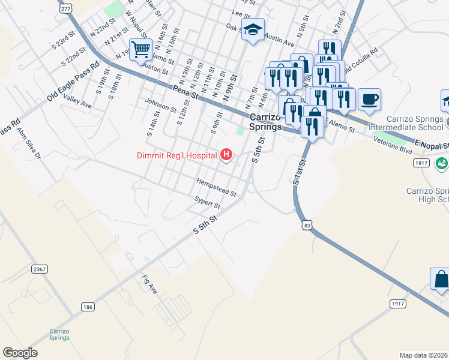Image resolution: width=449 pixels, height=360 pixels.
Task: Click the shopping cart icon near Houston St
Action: coord(140,49)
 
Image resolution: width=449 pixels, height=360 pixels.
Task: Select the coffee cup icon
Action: coord(370,98)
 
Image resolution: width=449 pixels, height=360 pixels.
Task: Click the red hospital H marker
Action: coord(226,155)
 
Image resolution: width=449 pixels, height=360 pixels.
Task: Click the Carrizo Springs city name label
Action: coord(265,122)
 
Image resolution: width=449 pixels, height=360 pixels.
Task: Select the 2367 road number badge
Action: coord(40,269)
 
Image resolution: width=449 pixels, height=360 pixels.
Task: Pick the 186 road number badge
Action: coord(88,307)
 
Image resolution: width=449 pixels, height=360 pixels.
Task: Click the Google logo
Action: coord(20,353)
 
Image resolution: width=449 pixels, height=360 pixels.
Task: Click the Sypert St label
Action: coord(208,202)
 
